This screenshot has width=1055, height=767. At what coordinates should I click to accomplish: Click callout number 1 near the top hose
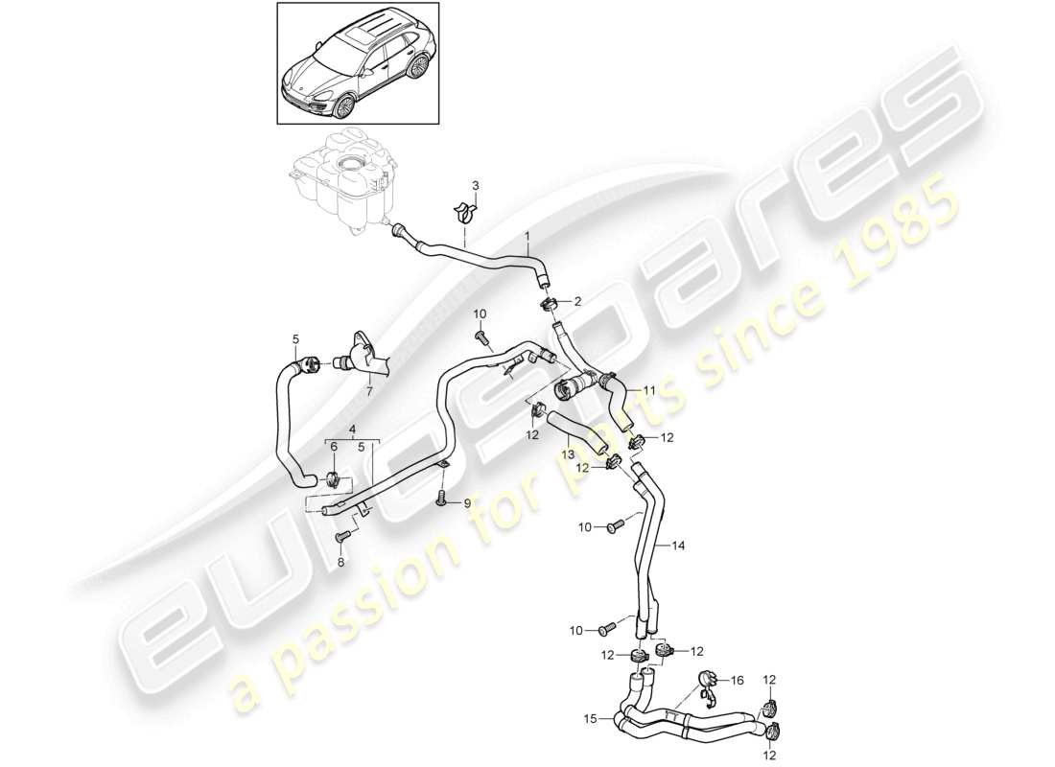526,235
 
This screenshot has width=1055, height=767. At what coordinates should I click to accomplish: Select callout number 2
577,301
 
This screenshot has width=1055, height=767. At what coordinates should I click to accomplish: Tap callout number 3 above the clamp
472,184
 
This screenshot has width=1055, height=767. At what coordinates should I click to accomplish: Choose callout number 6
334,446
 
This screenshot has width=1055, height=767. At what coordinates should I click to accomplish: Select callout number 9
467,502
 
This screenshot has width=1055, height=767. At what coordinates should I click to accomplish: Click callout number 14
678,546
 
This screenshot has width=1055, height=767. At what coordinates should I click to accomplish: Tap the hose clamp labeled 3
465,211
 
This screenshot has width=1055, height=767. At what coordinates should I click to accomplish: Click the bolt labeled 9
442,498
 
